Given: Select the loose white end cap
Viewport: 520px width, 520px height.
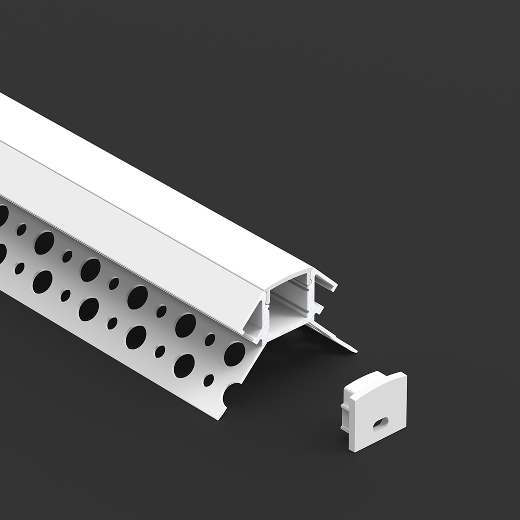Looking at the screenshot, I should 375,411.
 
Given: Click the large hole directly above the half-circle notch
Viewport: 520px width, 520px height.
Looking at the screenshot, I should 235,354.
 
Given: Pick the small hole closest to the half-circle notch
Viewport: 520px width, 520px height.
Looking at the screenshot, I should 209,380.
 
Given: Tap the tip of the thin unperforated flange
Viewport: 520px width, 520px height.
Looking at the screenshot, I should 355,350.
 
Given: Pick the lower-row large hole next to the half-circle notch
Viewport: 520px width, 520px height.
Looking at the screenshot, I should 184,366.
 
